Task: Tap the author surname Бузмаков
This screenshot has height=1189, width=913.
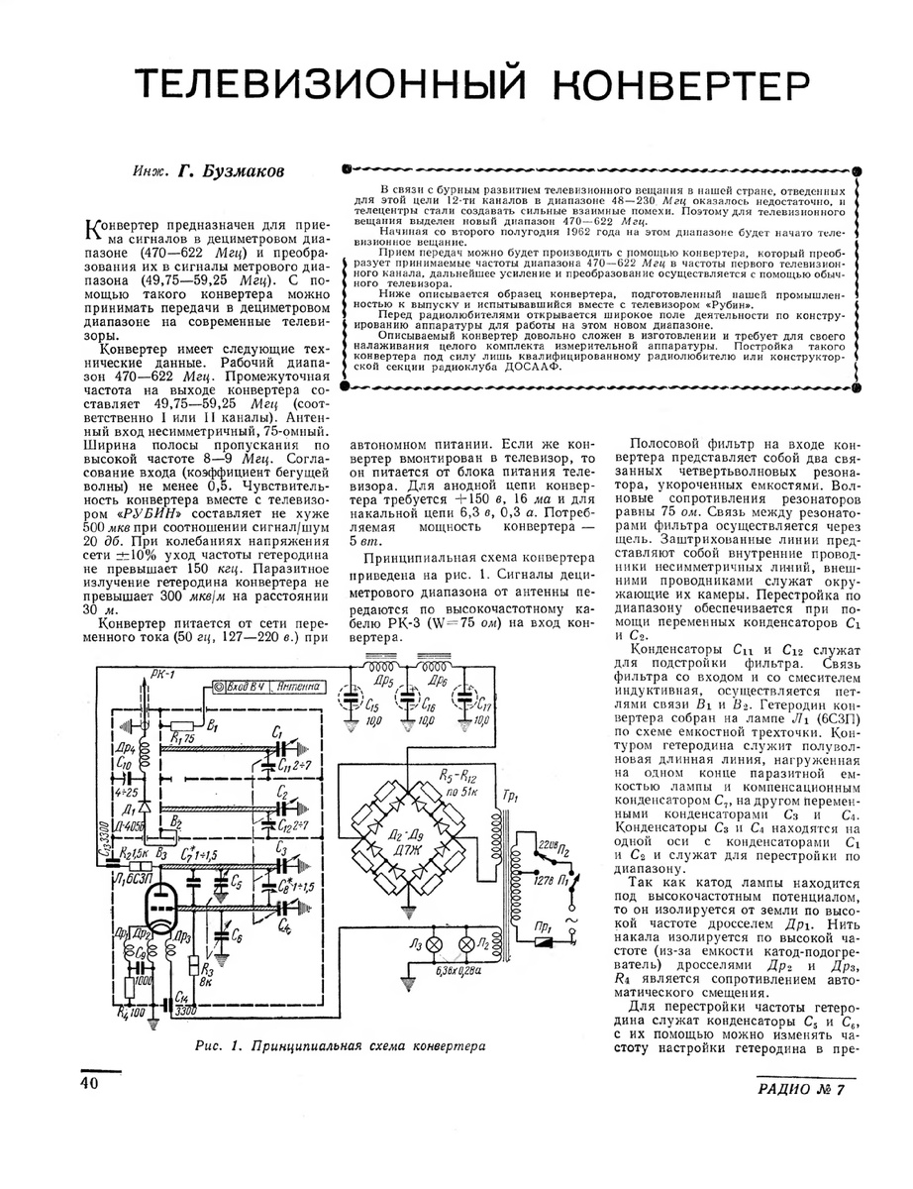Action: (x=237, y=171)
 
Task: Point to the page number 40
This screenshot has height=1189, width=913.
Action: (x=90, y=1084)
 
